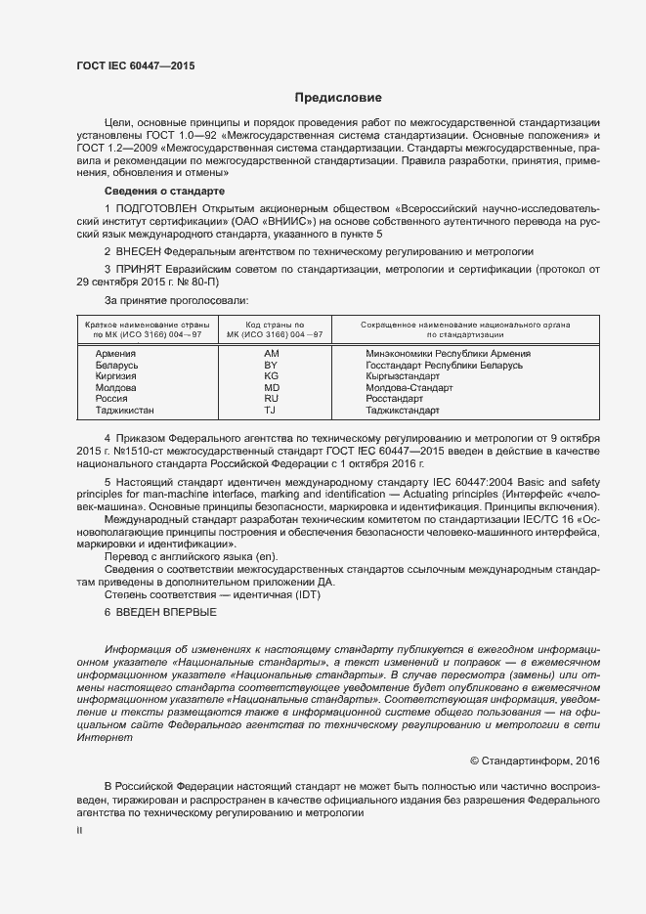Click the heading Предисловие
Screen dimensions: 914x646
point(339,98)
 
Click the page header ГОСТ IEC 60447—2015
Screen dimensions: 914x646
point(136,65)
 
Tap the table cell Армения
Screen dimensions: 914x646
point(115,353)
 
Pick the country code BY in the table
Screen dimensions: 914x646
point(272,365)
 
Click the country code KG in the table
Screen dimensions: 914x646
point(272,376)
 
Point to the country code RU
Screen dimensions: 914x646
point(272,399)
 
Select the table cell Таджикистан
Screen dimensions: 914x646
point(125,411)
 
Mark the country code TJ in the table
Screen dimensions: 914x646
point(272,411)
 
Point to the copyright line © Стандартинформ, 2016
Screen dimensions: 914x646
point(536,759)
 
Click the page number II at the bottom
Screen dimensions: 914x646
point(80,831)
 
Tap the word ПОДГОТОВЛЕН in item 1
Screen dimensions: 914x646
point(157,209)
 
